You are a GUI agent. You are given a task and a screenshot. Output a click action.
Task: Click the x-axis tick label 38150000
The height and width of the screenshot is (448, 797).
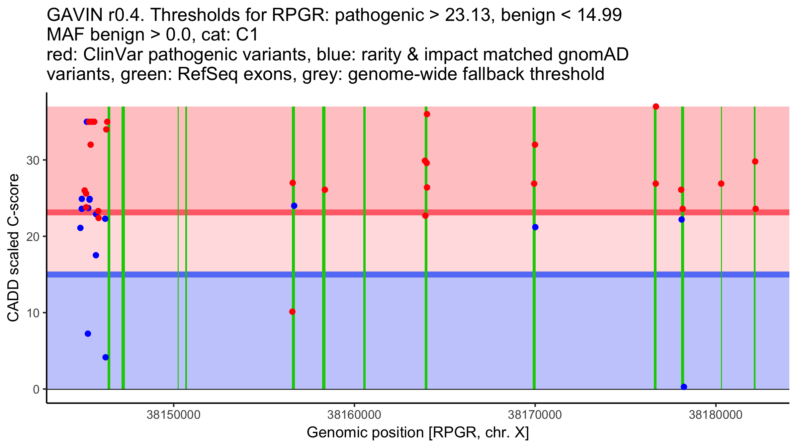(173, 415)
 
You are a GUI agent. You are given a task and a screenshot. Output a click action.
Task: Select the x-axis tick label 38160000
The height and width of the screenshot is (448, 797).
(354, 415)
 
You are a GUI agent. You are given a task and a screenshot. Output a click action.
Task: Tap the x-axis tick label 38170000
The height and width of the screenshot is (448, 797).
(535, 415)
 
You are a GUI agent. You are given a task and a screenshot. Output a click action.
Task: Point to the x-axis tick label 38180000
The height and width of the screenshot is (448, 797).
(715, 415)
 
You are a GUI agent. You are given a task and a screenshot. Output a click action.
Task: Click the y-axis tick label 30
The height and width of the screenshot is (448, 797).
(33, 161)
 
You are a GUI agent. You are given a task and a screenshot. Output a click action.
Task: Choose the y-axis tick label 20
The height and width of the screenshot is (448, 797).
(33, 237)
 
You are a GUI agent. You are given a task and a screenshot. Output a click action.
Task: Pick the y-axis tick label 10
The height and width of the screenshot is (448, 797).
(33, 313)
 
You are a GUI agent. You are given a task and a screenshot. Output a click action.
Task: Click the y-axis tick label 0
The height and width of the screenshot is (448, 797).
(36, 389)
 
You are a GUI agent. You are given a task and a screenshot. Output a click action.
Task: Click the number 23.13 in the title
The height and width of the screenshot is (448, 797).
(468, 15)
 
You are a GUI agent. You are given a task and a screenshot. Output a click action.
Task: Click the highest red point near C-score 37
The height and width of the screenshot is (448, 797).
(656, 107)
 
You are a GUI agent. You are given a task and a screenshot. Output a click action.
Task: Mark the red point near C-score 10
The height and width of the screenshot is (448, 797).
(292, 312)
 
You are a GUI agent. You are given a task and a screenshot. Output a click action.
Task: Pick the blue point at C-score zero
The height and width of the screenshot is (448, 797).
(684, 387)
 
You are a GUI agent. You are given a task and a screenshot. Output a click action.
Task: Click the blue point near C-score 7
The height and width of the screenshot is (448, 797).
(88, 334)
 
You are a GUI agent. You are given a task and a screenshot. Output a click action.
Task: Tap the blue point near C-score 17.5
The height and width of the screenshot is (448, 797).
(96, 255)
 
